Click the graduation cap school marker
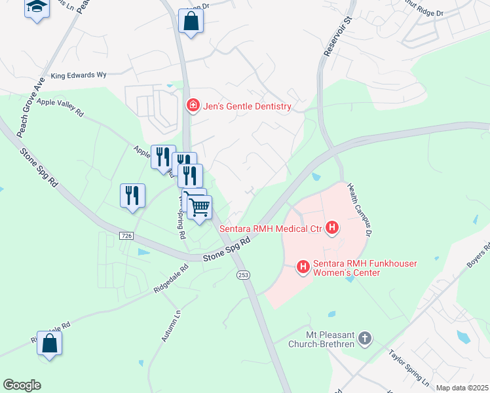(37, 8)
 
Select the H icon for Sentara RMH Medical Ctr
(333, 228)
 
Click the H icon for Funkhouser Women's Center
(303, 267)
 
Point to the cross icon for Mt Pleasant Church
(366, 339)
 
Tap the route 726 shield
(126, 234)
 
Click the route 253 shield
(243, 276)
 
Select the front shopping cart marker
(199, 208)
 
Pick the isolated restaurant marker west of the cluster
(132, 195)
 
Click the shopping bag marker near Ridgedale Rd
(49, 343)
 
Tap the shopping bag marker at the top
(191, 21)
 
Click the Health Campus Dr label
(360, 210)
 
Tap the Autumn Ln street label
(169, 325)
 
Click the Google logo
(22, 385)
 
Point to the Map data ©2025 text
(462, 388)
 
